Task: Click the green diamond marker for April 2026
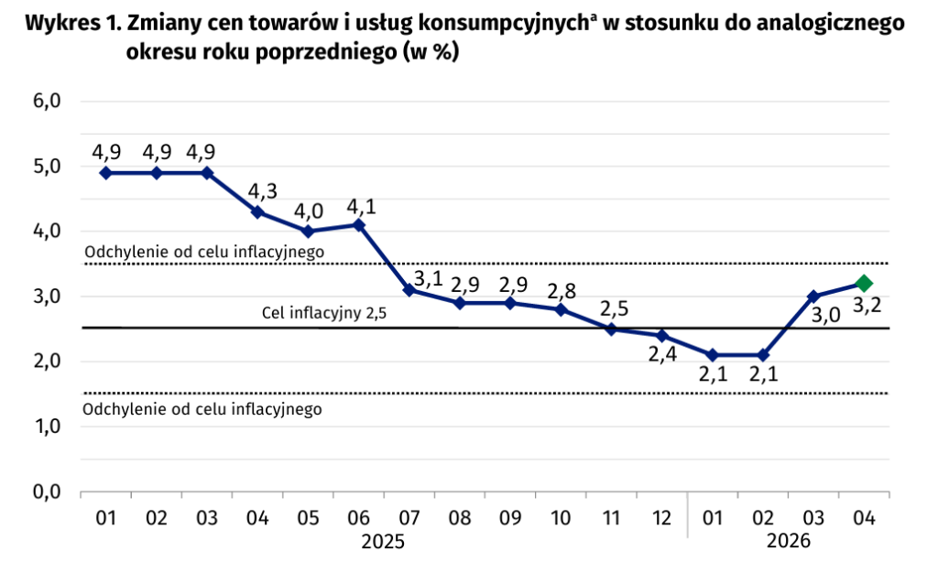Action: [x=863, y=283]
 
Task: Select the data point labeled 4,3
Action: [x=257, y=211]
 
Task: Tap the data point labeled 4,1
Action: [x=358, y=224]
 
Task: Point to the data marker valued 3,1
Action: [x=409, y=289]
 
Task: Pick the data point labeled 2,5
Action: [x=611, y=329]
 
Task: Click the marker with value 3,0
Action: [x=813, y=296]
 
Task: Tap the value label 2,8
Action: [x=562, y=292]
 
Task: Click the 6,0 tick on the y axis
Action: [x=46, y=101]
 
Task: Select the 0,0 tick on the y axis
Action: [x=46, y=492]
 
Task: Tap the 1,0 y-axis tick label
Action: [x=46, y=427]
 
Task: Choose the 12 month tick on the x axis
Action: [x=661, y=519]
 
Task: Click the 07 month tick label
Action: [x=409, y=519]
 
